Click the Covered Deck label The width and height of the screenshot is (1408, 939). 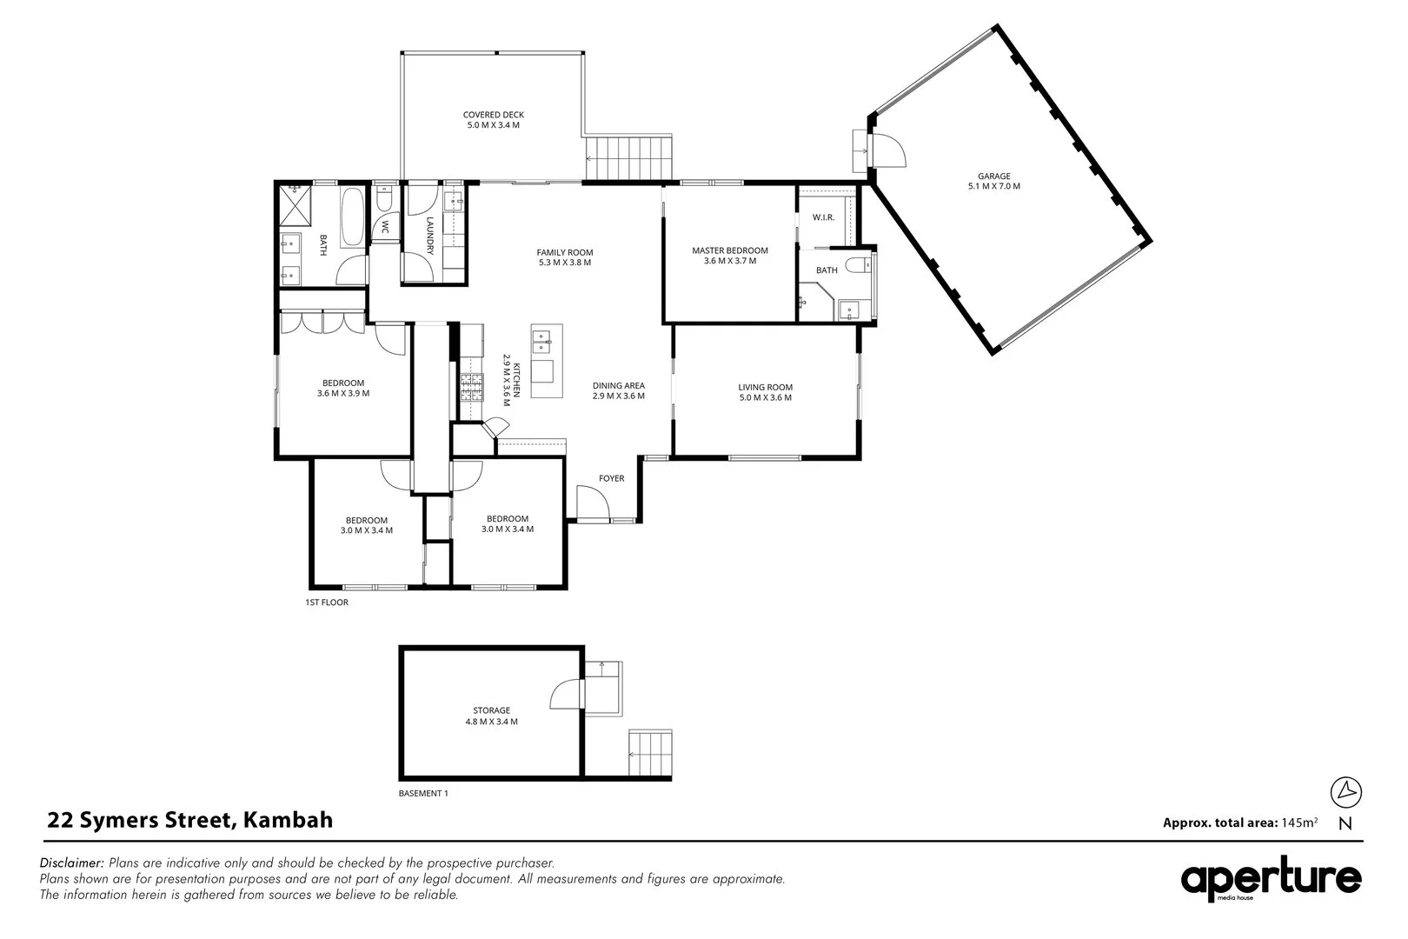tap(493, 120)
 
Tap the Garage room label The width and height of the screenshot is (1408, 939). tap(993, 181)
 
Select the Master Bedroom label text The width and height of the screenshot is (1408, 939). tap(729, 256)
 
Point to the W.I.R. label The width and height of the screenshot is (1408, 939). tap(823, 217)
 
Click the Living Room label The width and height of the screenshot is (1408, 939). tap(765, 392)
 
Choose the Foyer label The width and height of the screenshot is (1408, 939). tap(611, 478)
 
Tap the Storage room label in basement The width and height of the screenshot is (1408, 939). tap(491, 716)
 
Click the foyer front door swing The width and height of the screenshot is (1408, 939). tap(591, 502)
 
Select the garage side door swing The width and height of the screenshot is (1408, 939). tap(889, 153)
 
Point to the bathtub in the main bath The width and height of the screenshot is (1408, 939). tap(354, 218)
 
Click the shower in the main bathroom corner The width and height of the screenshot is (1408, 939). tap(293, 205)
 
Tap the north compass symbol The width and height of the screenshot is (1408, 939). tap(1346, 791)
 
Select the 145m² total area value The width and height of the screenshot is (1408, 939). tap(1299, 822)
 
